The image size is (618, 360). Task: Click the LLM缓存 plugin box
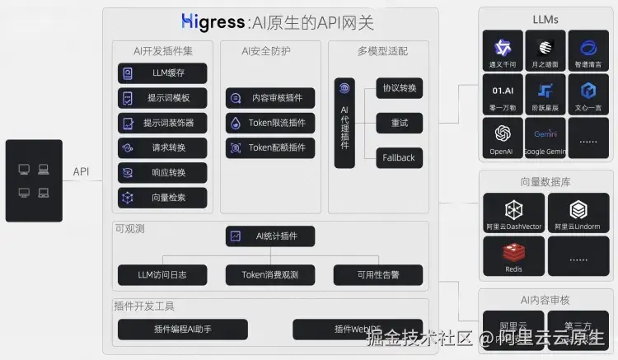[162, 73]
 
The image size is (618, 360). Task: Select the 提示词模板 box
[162, 98]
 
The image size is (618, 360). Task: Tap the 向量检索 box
[162, 198]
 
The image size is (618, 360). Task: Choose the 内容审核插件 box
[270, 98]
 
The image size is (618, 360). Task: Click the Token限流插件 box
[270, 123]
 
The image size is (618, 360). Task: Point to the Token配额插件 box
[270, 147]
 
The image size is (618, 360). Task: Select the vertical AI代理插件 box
[344, 123]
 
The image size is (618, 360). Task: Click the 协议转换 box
[399, 88]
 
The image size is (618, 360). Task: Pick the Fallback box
[399, 157]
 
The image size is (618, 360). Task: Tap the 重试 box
[399, 123]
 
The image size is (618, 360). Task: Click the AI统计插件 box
[270, 236]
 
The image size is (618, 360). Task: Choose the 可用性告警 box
[378, 274]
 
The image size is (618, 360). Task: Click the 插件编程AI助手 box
[183, 330]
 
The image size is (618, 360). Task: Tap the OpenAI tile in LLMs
[501, 137]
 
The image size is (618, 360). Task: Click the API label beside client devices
[81, 171]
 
